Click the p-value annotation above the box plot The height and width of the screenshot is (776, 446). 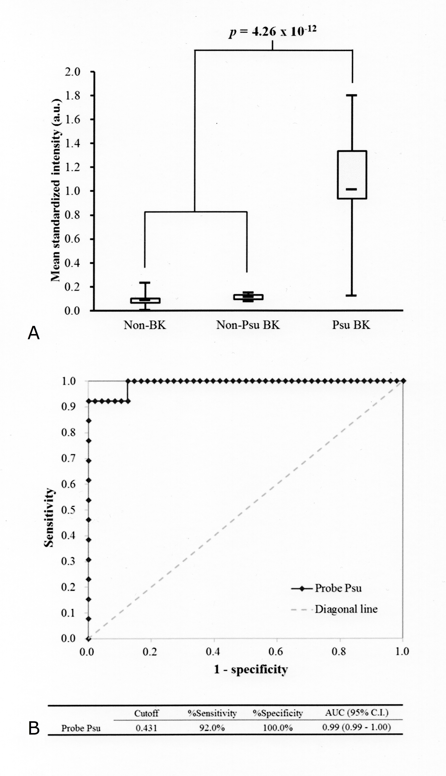point(272,31)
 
